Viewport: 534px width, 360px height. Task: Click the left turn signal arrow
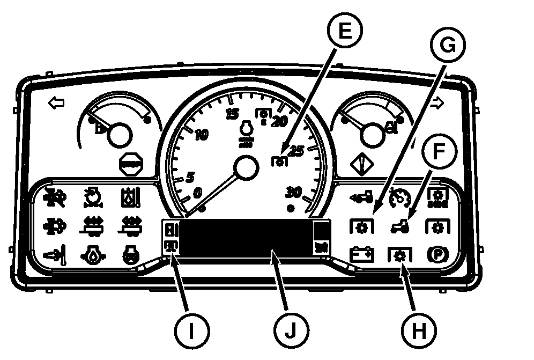pyautogui.click(x=56, y=102)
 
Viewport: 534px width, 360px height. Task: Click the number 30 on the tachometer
pyautogui.click(x=294, y=192)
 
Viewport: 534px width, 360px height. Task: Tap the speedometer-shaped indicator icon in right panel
pyautogui.click(x=399, y=197)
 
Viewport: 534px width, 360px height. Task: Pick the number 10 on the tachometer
pyautogui.click(x=201, y=135)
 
